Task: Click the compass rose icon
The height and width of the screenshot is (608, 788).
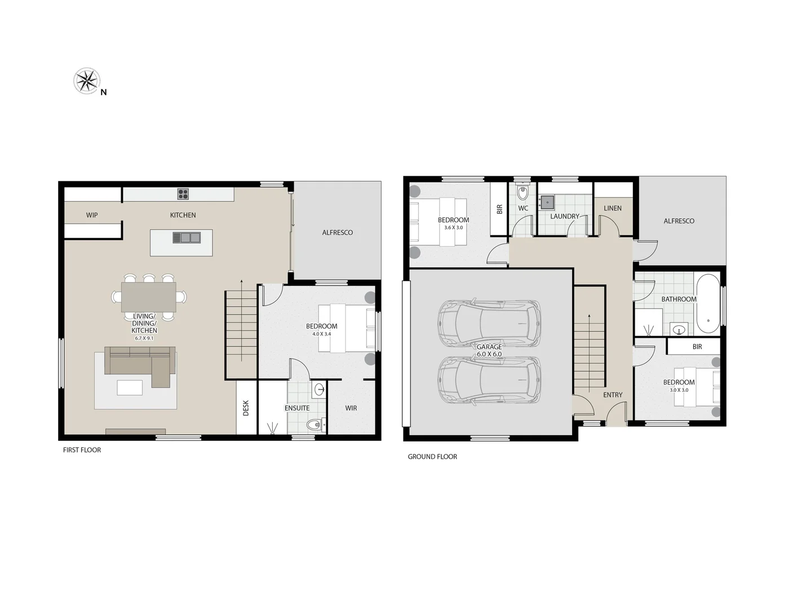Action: click(x=87, y=81)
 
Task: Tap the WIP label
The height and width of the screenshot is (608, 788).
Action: click(x=92, y=215)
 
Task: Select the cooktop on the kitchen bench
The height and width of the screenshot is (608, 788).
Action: click(x=183, y=194)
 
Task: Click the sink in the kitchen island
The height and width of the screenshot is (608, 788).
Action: click(x=186, y=238)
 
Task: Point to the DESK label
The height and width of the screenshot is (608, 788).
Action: click(x=246, y=408)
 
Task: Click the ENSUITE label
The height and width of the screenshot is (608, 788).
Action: click(x=297, y=408)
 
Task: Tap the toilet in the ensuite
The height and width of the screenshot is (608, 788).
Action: click(x=313, y=424)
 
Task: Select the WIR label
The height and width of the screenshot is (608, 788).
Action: click(x=351, y=408)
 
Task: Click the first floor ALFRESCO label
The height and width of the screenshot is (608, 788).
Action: click(x=337, y=233)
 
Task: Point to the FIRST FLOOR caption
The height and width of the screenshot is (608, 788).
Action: click(x=82, y=450)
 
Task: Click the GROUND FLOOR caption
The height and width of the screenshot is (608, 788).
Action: click(x=432, y=457)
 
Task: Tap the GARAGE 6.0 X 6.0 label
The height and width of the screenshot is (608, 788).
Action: click(x=489, y=350)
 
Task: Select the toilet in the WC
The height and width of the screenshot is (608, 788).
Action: click(x=523, y=193)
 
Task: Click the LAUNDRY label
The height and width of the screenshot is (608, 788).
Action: click(x=564, y=216)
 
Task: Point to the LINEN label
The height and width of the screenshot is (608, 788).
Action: click(x=613, y=208)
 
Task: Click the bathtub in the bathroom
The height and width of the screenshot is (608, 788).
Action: click(x=707, y=304)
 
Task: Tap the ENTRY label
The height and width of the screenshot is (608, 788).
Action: click(x=613, y=395)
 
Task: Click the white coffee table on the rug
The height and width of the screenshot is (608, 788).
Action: click(x=130, y=387)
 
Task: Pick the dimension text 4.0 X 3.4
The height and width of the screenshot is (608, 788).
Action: click(x=321, y=334)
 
